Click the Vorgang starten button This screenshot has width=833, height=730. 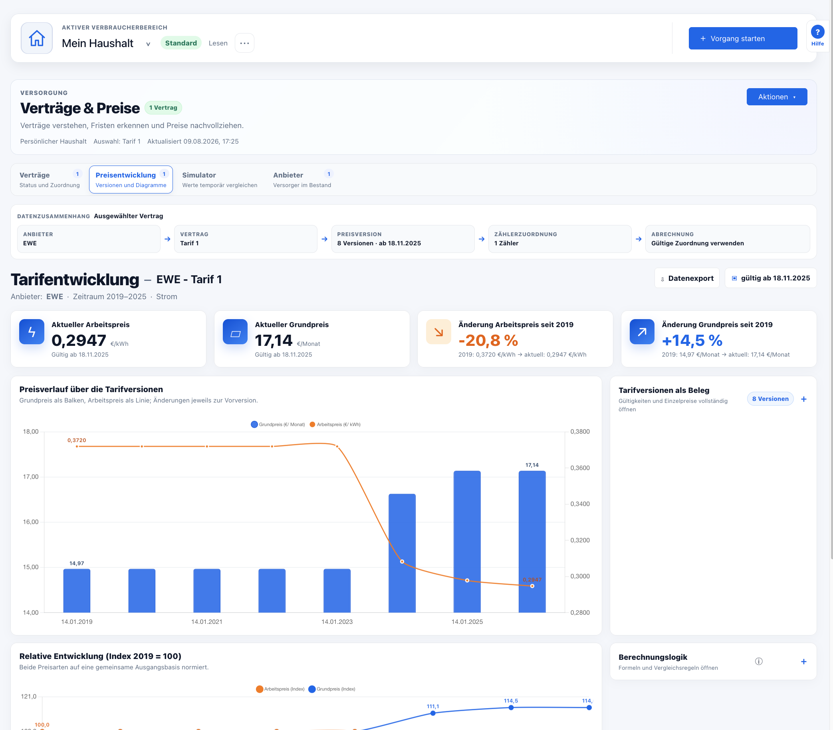click(x=742, y=38)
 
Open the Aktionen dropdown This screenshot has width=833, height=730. click(x=776, y=97)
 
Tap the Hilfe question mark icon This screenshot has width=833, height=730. click(x=817, y=32)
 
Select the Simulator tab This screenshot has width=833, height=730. click(x=220, y=180)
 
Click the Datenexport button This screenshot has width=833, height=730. click(x=687, y=278)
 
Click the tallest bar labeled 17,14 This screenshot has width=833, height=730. click(x=532, y=541)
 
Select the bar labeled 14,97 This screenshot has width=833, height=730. click(x=77, y=590)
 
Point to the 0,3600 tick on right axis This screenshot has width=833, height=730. click(x=579, y=468)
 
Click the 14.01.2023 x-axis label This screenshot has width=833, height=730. click(x=337, y=622)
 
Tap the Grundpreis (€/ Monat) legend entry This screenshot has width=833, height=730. click(x=278, y=424)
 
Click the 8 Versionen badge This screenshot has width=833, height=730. click(x=770, y=399)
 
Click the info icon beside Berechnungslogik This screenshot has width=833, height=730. click(x=758, y=661)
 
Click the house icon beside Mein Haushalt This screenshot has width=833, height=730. click(x=37, y=38)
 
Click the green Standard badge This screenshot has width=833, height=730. click(x=181, y=43)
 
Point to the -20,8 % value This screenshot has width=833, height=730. click(x=488, y=340)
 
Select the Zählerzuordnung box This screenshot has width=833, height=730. click(x=559, y=239)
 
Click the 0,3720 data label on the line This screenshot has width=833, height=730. click(x=77, y=440)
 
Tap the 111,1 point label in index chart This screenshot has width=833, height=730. click(x=433, y=706)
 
